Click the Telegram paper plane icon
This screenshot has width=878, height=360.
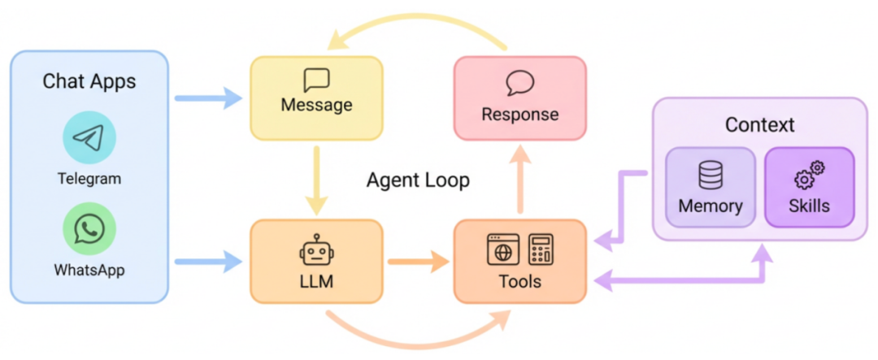pyautogui.click(x=89, y=137)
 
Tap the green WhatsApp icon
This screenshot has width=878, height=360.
pyautogui.click(x=89, y=230)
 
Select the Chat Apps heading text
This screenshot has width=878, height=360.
pyautogui.click(x=89, y=81)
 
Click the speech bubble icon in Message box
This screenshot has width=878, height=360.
pyautogui.click(x=316, y=80)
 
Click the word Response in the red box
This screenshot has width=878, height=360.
pyautogui.click(x=519, y=114)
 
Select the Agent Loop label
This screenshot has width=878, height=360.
pyautogui.click(x=418, y=180)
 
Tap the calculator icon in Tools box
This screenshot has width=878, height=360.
pyautogui.click(x=541, y=249)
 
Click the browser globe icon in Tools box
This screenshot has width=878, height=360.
pyautogui.click(x=502, y=249)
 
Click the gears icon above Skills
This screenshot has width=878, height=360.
pyautogui.click(x=809, y=174)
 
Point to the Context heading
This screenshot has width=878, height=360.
pyautogui.click(x=759, y=125)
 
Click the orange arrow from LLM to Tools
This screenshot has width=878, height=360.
pyautogui.click(x=418, y=262)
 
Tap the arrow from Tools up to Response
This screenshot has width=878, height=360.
pyautogui.click(x=520, y=183)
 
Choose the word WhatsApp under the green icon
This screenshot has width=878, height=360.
pyautogui.click(x=89, y=268)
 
